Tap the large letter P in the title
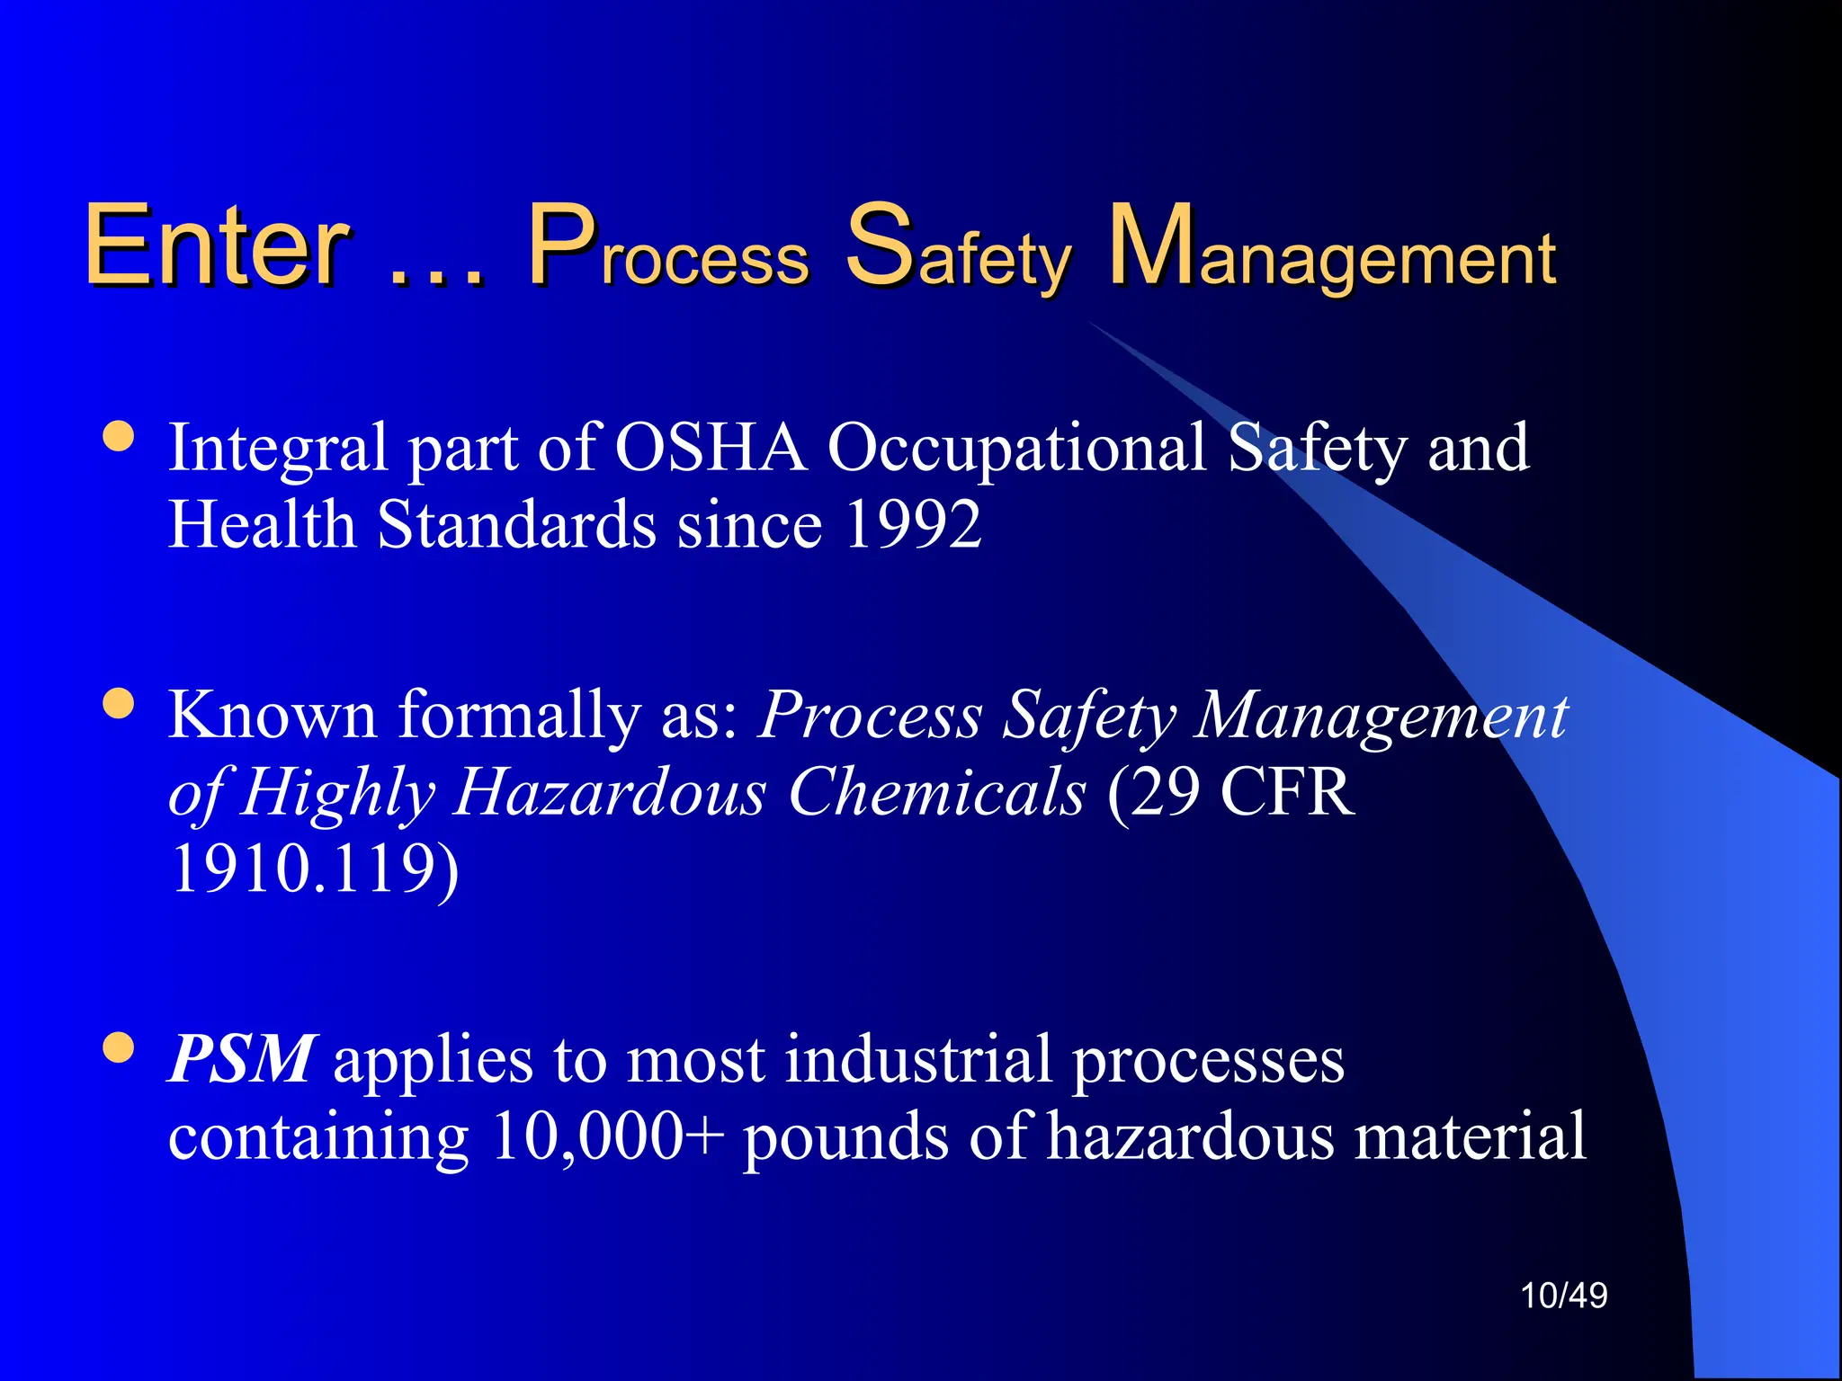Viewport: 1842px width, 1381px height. click(562, 245)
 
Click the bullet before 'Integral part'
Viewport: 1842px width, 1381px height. click(119, 437)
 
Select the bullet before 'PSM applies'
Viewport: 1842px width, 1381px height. click(119, 1047)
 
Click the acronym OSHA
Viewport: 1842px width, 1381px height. click(711, 448)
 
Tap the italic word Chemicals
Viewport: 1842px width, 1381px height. click(936, 792)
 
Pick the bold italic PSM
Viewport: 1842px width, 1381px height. click(241, 1059)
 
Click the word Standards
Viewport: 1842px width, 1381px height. click(516, 525)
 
